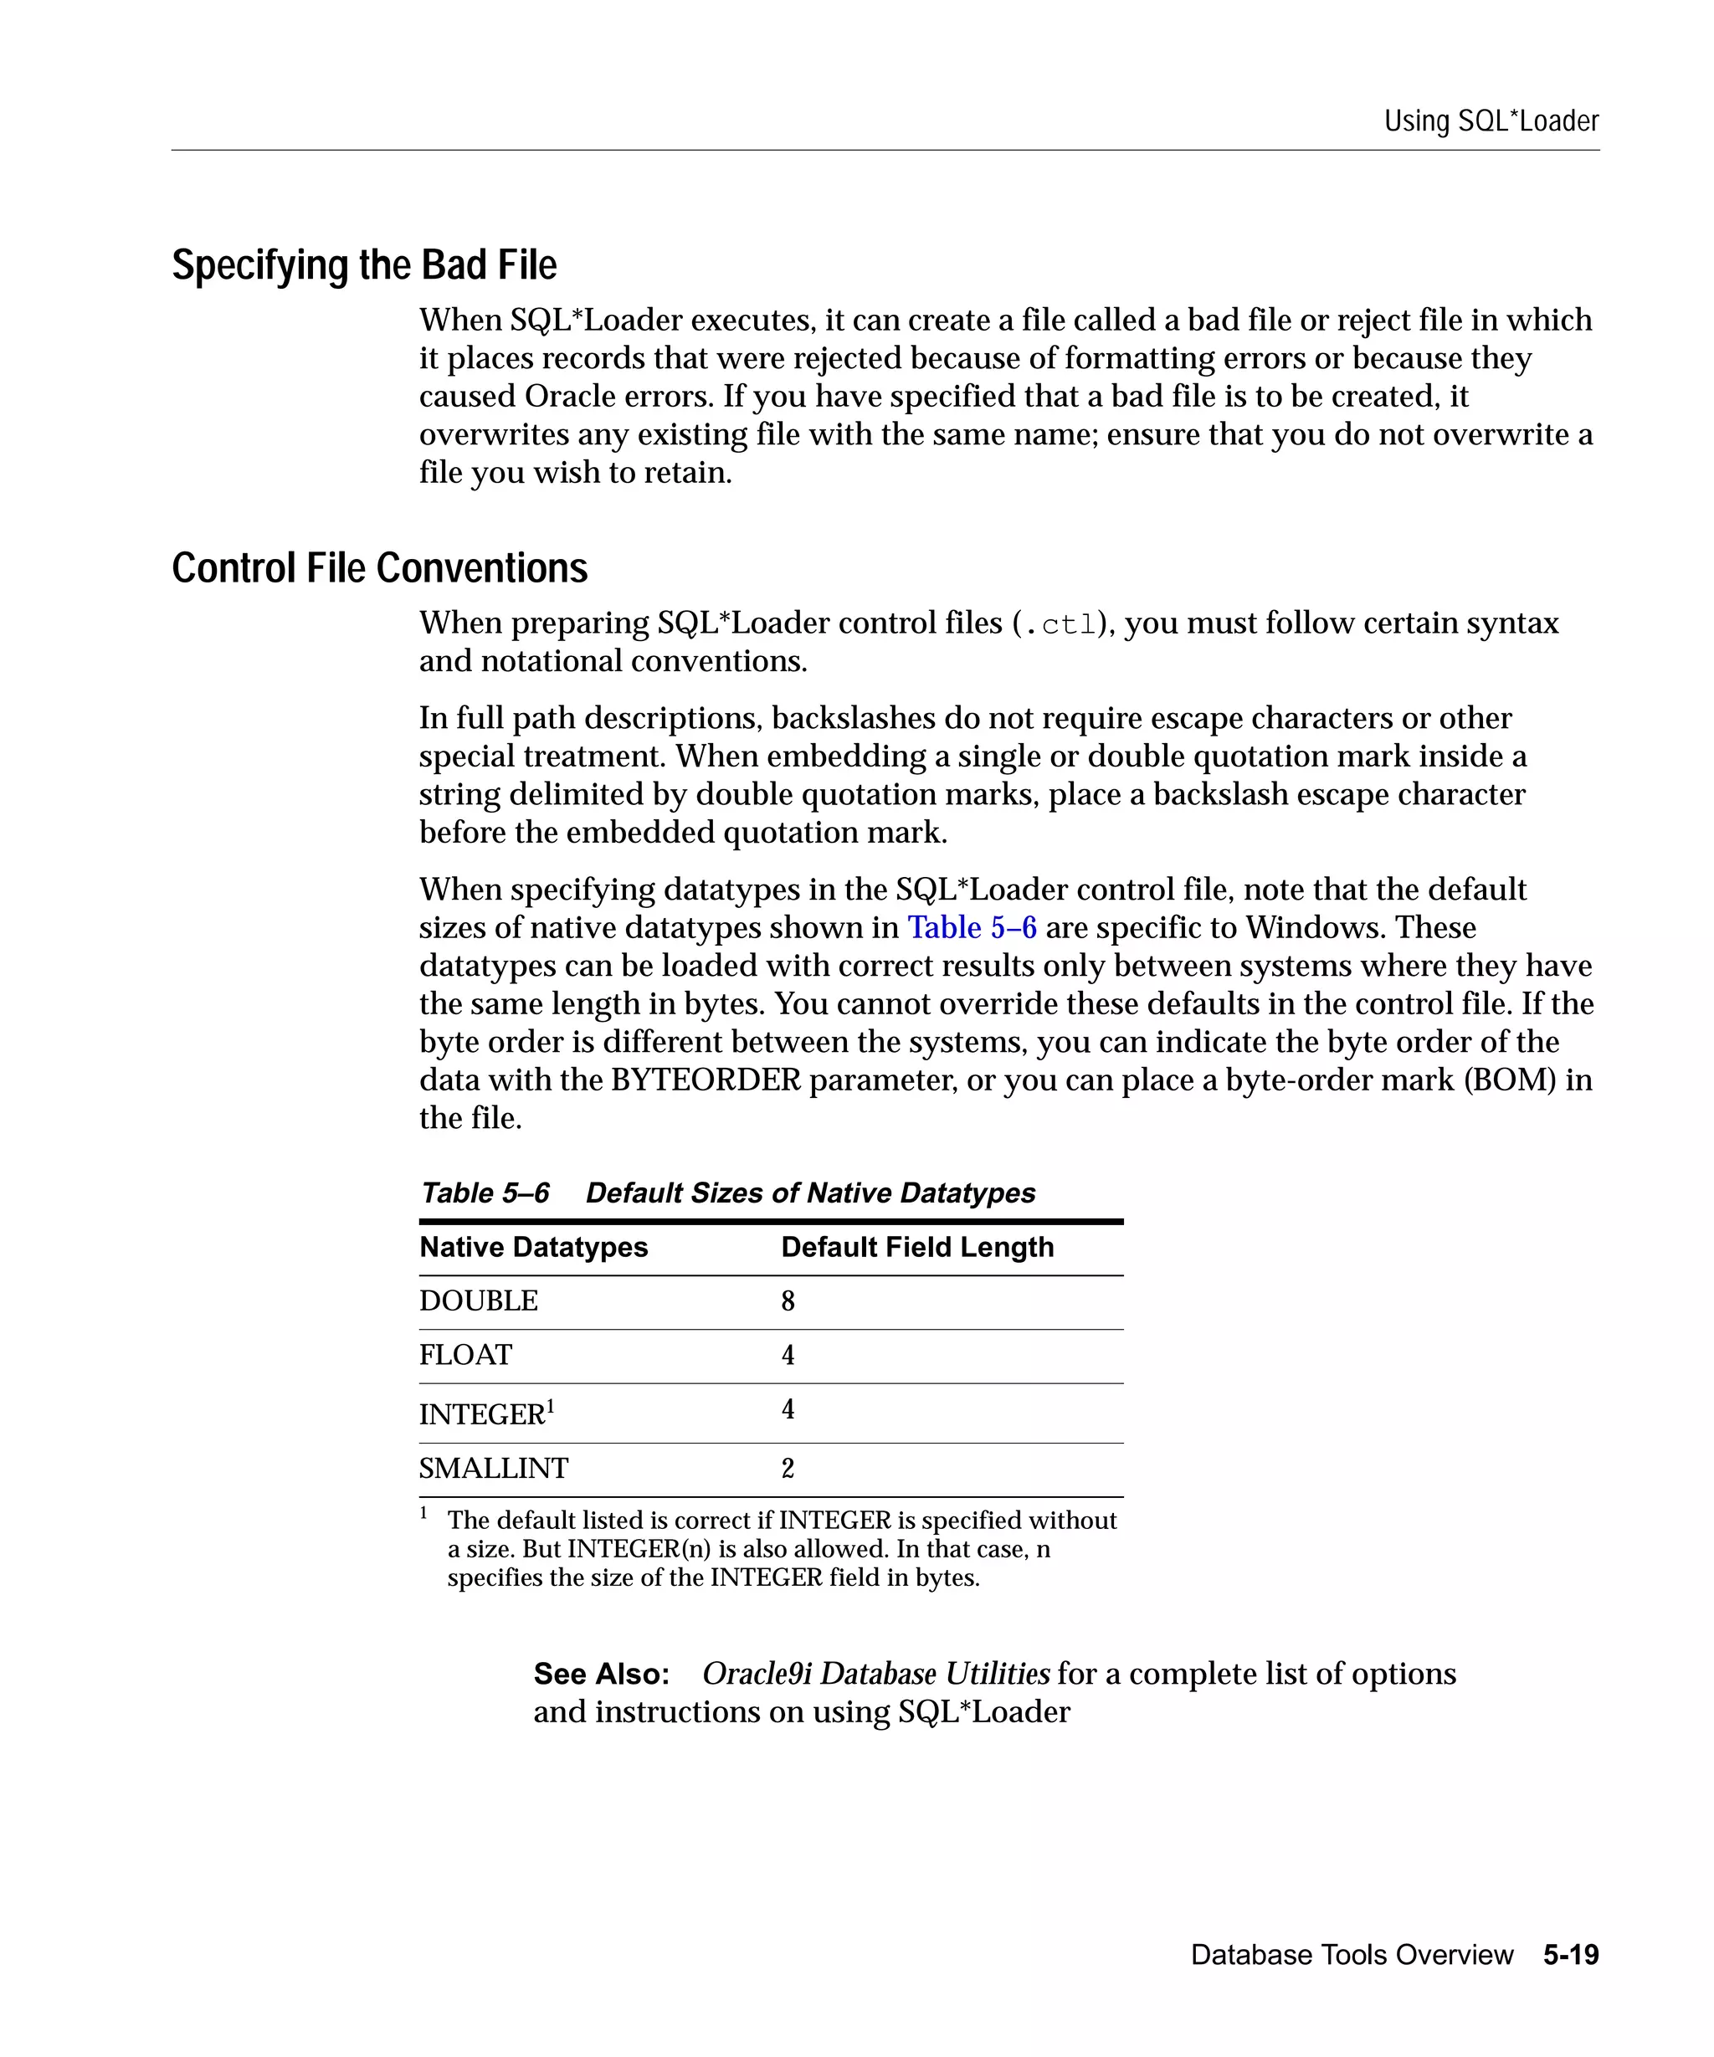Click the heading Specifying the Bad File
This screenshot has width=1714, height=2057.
coord(363,265)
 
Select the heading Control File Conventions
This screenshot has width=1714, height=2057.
coord(379,568)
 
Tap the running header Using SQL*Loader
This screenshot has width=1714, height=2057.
coord(1490,121)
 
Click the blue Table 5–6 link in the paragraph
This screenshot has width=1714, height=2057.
coord(971,926)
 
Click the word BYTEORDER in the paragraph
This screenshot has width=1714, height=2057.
coord(706,1080)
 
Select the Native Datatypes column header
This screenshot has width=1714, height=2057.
coord(533,1247)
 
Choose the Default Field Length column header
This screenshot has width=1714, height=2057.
coord(916,1247)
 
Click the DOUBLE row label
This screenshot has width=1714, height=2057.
coord(478,1300)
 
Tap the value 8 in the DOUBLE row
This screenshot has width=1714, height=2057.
coord(788,1300)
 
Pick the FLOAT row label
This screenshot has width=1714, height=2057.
coord(465,1355)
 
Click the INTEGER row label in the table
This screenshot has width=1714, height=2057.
coord(482,1414)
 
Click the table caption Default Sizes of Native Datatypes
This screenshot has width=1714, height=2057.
coord(810,1193)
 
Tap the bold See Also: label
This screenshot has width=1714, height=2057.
coord(600,1674)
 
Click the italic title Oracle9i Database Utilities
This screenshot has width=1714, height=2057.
coord(875,1674)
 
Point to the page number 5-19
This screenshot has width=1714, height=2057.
coord(1570,1955)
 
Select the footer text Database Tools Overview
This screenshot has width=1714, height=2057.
coord(1352,1955)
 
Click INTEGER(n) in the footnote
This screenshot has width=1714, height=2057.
coord(639,1550)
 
